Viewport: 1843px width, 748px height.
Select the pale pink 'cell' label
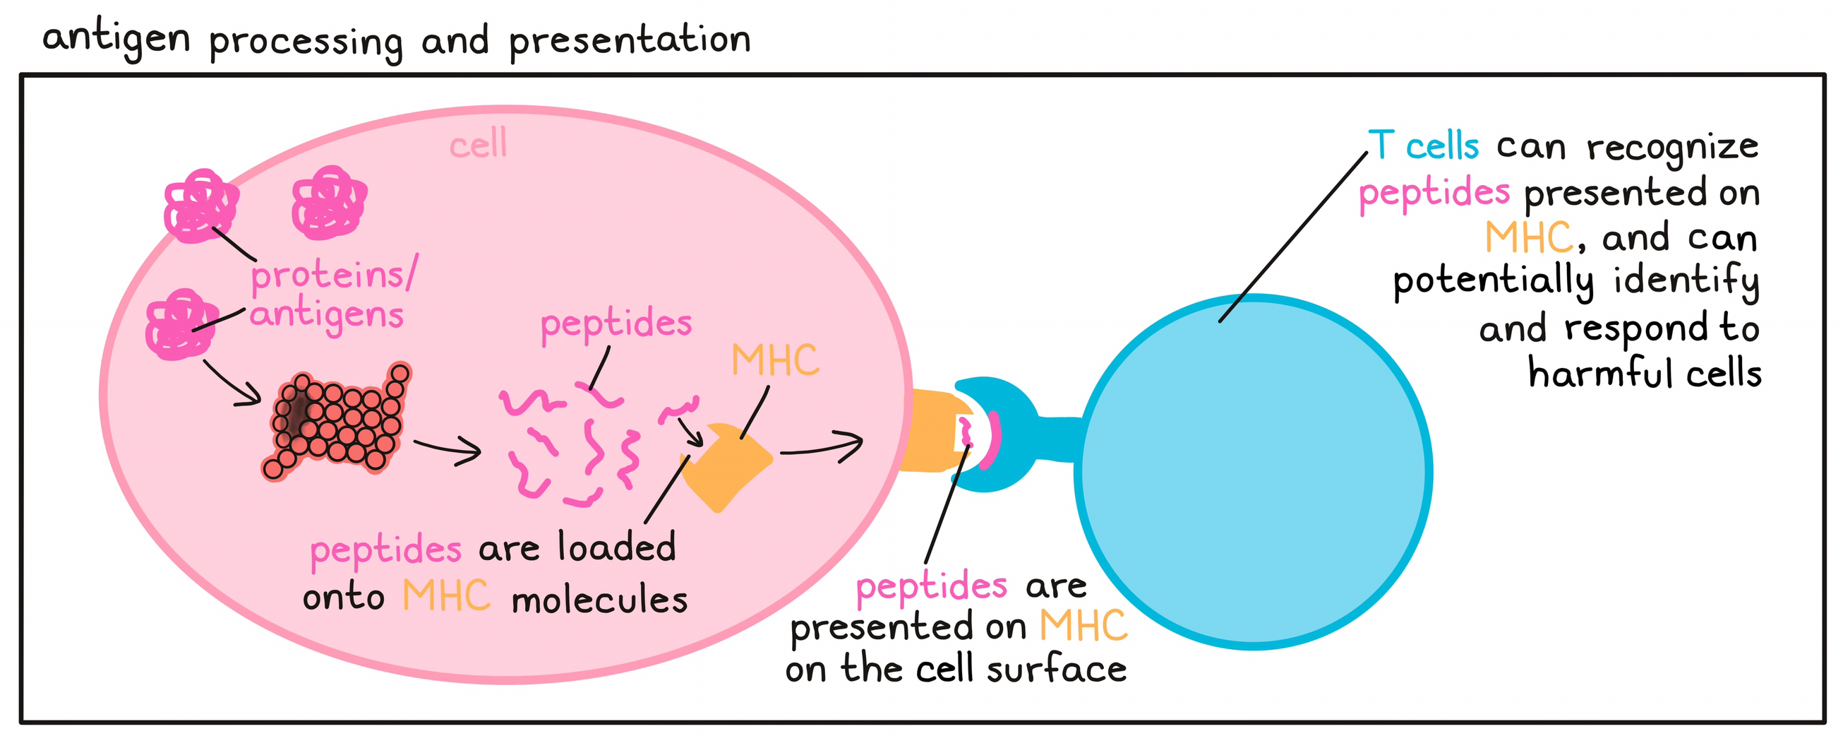tap(478, 146)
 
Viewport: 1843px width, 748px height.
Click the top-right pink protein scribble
tap(328, 203)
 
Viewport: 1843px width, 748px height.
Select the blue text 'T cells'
tap(1424, 146)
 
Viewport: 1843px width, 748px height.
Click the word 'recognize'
tap(1672, 148)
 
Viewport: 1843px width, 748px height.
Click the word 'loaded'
tap(617, 547)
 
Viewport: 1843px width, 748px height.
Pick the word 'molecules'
tap(599, 599)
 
